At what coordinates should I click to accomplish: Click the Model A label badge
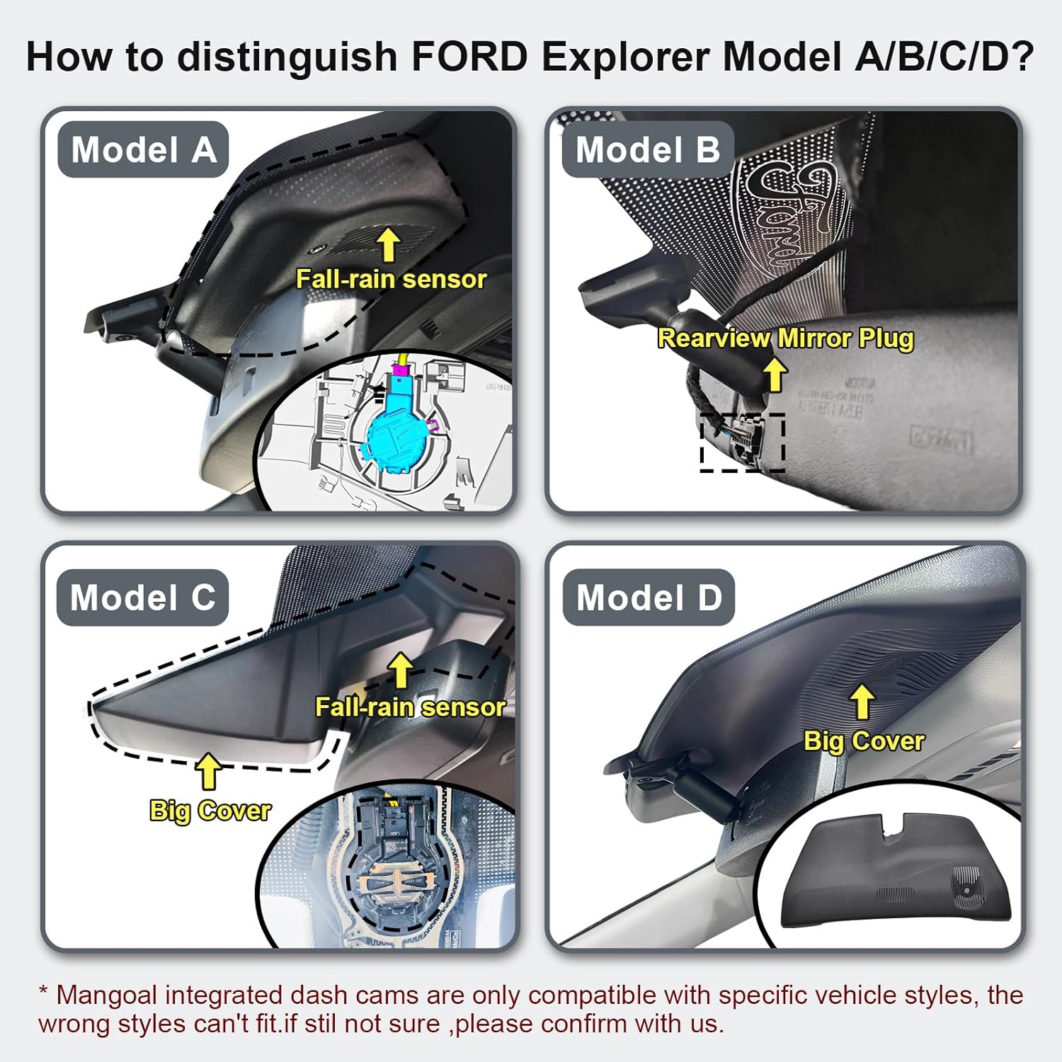tap(143, 149)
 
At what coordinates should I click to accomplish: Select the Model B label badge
tap(647, 149)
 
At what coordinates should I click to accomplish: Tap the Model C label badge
tap(142, 597)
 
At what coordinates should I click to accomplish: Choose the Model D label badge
tap(649, 597)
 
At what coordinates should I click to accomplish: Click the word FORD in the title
tap(469, 57)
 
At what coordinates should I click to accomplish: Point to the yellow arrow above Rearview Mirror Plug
tap(776, 374)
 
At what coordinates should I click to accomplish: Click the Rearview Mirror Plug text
tap(785, 338)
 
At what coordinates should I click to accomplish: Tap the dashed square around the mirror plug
tap(742, 442)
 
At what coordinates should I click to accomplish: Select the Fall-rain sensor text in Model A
tap(391, 279)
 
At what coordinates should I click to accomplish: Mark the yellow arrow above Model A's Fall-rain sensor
tap(388, 244)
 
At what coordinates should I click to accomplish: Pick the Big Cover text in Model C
tap(210, 810)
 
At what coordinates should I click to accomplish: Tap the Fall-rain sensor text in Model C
tap(410, 707)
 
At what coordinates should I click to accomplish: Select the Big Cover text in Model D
tap(864, 741)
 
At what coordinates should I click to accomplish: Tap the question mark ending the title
tap(1023, 57)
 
